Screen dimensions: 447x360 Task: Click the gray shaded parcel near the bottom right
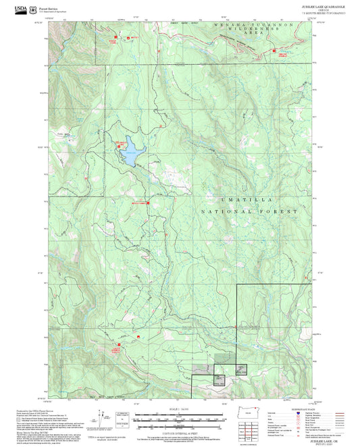coord(203,369)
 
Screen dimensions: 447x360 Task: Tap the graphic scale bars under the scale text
coord(179,419)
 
